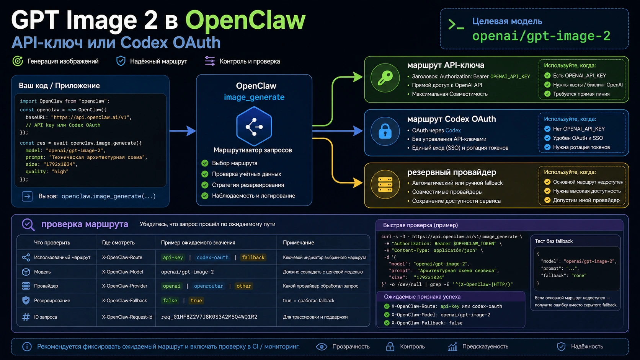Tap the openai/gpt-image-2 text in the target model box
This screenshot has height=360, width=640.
[541, 36]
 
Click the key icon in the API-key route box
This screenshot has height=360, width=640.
[385, 78]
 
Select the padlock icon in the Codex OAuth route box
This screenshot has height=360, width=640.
[385, 131]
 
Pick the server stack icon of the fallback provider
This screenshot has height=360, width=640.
[385, 184]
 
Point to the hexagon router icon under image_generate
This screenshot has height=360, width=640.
[254, 126]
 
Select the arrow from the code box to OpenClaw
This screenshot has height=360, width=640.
[183, 131]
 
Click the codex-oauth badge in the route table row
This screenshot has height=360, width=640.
[212, 257]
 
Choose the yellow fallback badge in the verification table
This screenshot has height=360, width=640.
[253, 257]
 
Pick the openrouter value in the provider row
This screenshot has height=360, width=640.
[209, 286]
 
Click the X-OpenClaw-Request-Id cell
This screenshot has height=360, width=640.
[127, 317]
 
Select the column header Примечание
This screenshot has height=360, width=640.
[298, 243]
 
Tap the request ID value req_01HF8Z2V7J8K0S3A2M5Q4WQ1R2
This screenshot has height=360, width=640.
[209, 317]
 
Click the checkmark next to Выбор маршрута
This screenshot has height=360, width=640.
[205, 163]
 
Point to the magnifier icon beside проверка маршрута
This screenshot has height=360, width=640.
[28, 225]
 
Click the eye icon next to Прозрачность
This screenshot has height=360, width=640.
[322, 347]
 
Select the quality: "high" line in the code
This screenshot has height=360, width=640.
[47, 171]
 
